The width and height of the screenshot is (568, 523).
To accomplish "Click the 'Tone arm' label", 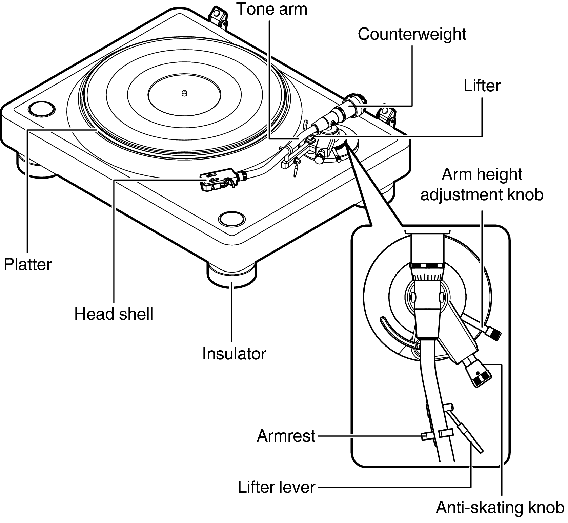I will pos(271,9).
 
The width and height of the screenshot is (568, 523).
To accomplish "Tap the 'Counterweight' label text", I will pos(412,34).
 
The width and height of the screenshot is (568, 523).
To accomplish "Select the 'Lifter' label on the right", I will pos(482,86).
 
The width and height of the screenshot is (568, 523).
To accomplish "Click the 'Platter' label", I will pos(28,264).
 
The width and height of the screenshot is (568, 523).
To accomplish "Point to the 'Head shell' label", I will pos(114,314).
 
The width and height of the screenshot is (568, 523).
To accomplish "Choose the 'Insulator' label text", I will pos(234,354).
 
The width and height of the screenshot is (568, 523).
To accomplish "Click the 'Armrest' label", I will pos(286,436).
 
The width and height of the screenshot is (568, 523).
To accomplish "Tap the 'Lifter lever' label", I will pos(277,487).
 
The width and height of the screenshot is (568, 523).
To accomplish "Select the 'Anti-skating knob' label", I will pos(500,508).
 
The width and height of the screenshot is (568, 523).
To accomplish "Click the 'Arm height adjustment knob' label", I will pos(482,185).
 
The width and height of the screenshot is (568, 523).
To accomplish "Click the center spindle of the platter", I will pos(184,93).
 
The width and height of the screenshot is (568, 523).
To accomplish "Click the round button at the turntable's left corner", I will pos(41,109).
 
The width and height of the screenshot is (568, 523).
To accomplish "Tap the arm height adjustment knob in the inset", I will pos(493,333).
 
